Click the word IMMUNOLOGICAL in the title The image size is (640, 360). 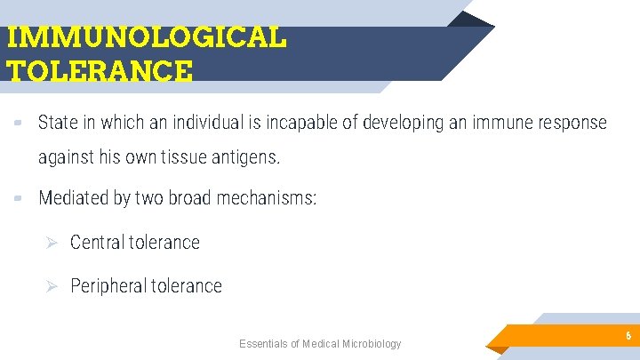coord(146,36)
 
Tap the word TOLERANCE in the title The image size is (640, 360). coord(99,70)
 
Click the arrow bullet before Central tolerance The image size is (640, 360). coord(52,242)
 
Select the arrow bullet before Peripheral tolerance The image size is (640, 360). coord(52,285)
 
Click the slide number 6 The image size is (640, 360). coord(628,336)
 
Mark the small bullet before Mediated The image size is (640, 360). coord(18,198)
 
